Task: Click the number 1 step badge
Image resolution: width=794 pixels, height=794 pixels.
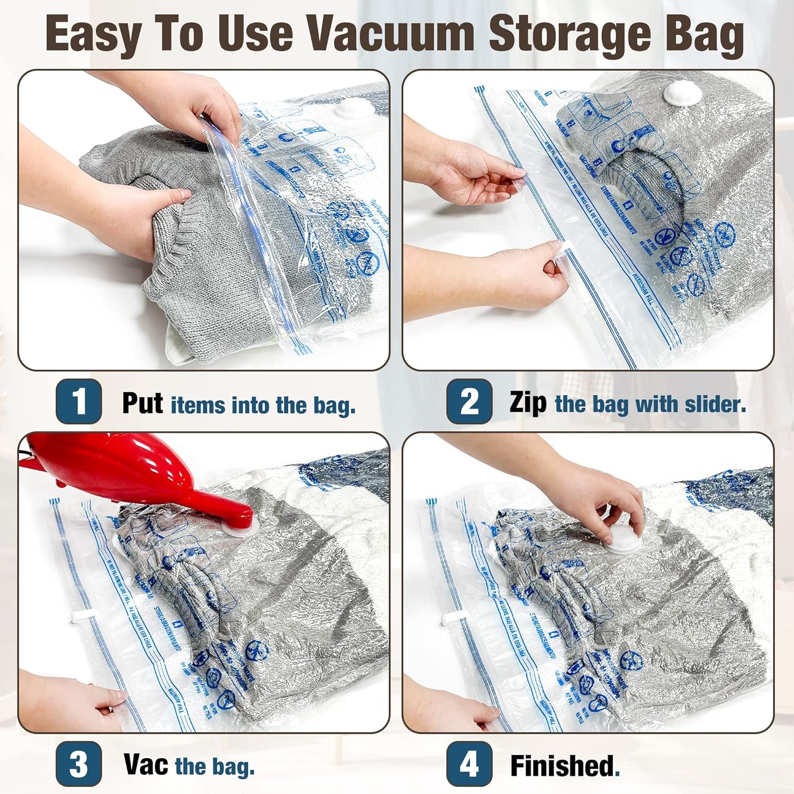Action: [78, 401]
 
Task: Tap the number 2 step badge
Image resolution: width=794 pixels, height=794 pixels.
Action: [468, 401]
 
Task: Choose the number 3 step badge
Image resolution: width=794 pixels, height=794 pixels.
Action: [78, 764]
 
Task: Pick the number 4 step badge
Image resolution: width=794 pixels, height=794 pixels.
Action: [468, 764]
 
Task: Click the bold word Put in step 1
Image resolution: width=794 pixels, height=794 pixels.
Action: [142, 403]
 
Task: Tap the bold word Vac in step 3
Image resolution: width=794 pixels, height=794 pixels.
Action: [146, 764]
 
